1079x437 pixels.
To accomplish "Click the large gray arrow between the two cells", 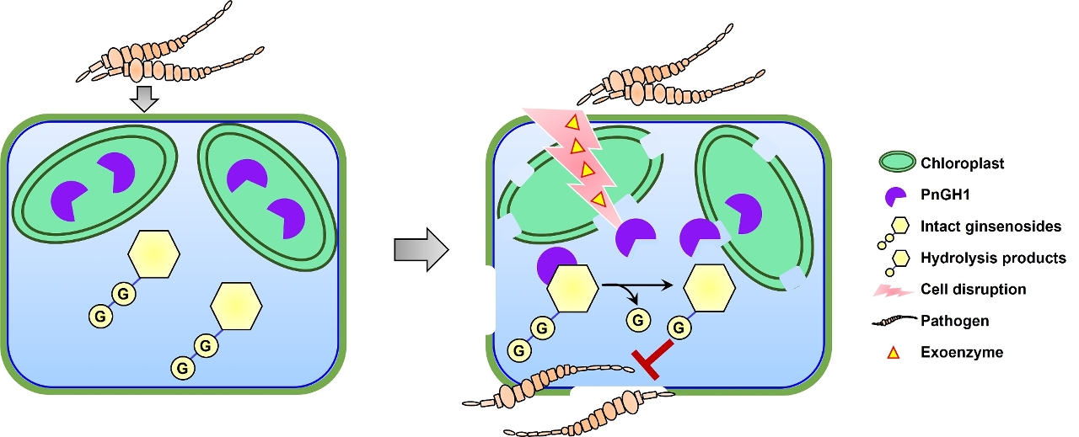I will click(421, 249).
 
